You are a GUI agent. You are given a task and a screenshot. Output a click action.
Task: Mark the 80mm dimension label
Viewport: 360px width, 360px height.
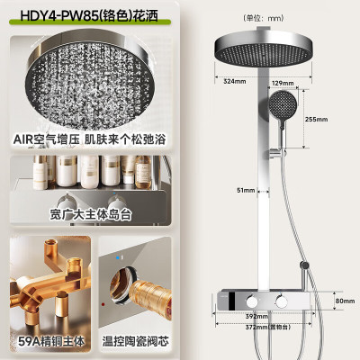(346, 302)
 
